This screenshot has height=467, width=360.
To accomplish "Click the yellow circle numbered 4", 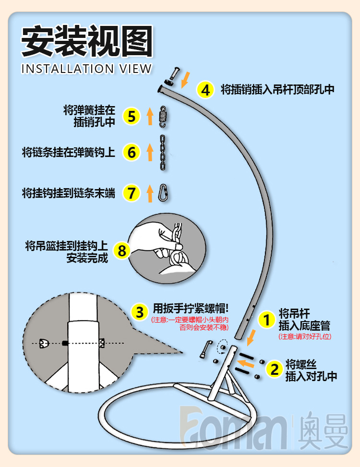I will click(205, 90).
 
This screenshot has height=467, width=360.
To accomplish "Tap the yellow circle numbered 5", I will click(131, 116).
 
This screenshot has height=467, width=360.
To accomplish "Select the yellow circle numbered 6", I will click(131, 152).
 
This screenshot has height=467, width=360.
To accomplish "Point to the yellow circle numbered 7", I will click(131, 193).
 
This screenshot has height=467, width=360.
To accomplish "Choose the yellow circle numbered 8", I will click(122, 250).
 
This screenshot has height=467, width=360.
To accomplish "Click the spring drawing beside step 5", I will click(163, 117).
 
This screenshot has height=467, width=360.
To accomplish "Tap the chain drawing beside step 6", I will click(163, 153).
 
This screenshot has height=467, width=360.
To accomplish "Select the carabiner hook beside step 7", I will click(163, 193).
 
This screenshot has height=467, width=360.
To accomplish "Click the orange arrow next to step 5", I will click(149, 116).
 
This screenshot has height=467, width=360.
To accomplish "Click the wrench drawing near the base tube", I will click(205, 347).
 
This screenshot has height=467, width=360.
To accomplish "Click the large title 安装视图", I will click(87, 41).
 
